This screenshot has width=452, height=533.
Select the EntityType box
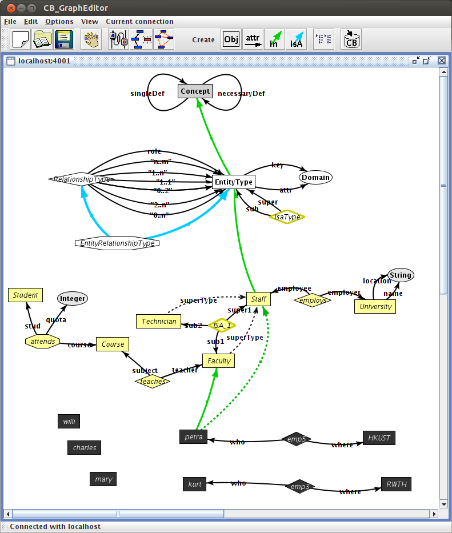click(233, 182)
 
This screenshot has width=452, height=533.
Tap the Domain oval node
click(315, 177)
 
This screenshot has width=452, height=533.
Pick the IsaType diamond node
click(287, 217)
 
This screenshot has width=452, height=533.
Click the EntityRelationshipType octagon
click(117, 243)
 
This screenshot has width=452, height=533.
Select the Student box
click(26, 295)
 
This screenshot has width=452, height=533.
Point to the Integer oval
click(73, 298)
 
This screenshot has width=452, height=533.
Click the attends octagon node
click(43, 342)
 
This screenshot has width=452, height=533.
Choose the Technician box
click(158, 321)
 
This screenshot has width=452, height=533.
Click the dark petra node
click(193, 437)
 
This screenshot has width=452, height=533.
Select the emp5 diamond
click(298, 439)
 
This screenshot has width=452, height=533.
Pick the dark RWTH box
click(396, 484)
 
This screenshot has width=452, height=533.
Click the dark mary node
click(103, 479)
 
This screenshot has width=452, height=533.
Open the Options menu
click(59, 22)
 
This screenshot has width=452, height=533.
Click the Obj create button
click(231, 39)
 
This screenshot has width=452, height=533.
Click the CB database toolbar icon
click(351, 39)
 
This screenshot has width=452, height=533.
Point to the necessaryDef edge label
click(241, 93)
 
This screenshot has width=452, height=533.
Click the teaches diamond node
click(153, 381)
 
